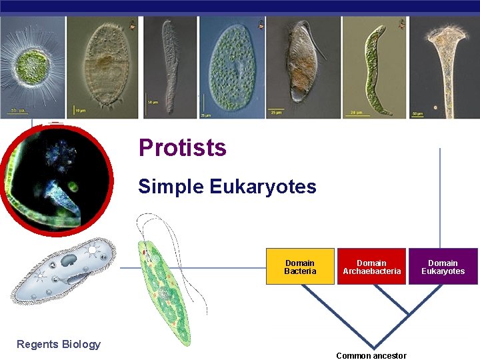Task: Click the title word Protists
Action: tap(182, 148)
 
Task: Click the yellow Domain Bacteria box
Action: tap(300, 267)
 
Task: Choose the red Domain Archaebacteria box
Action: tap(372, 267)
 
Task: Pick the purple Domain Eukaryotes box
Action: tap(443, 267)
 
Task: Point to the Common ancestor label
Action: tap(371, 355)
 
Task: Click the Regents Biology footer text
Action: tap(59, 344)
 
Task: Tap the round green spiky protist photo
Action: tap(31, 67)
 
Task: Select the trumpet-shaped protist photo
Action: tap(444, 67)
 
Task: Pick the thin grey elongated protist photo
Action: tap(170, 67)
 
